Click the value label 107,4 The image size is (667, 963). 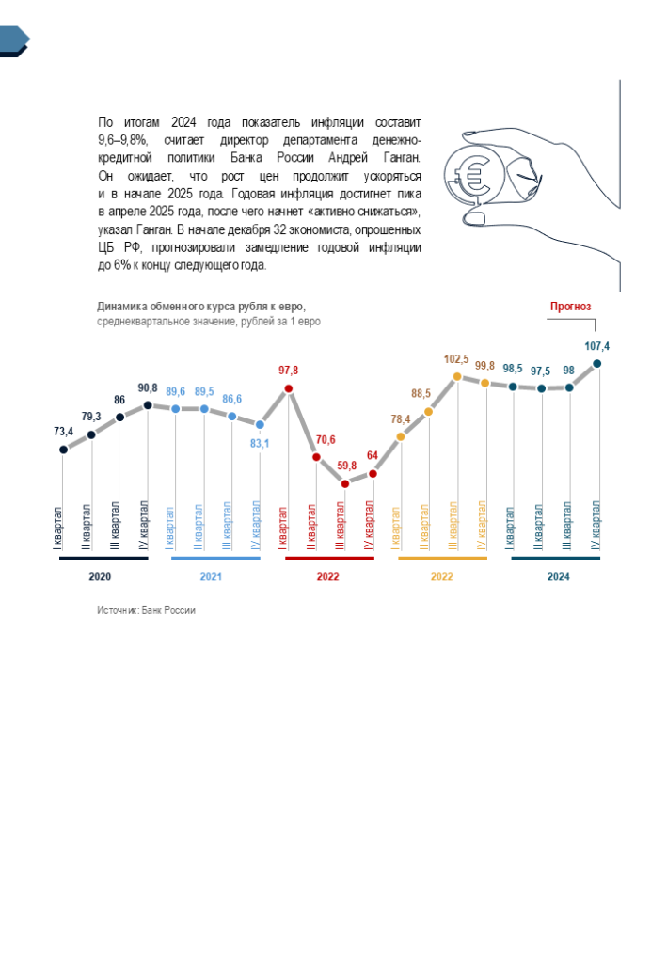pos(597,346)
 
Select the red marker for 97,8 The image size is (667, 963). pos(289,388)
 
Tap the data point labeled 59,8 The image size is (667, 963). pos(345,483)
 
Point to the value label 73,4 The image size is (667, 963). pos(63,432)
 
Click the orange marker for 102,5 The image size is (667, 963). pos(456,376)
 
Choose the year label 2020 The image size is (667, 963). pos(100,576)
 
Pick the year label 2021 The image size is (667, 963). pos(212,576)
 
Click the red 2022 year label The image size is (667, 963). pos(327,576)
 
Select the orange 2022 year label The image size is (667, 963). pos(442,576)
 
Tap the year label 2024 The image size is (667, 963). pos(559,576)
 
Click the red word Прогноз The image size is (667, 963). pos(570,307)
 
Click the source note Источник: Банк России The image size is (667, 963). pos(146,610)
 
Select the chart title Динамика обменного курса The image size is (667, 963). pos(201,307)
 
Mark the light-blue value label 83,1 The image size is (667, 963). pos(259,444)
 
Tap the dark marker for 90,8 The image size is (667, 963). pos(148,405)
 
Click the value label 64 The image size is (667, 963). pos(373,455)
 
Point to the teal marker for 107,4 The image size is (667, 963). pos(597,364)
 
